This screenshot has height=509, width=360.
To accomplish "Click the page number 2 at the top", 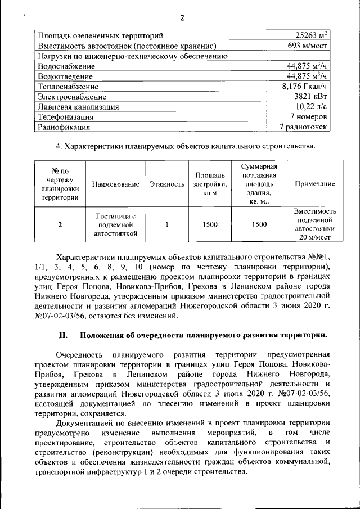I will pos(182,17).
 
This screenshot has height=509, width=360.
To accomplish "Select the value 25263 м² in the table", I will pos(307,35).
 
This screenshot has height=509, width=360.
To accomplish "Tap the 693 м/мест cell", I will pos(307,46).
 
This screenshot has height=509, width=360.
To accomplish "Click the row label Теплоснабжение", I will pos(68,87).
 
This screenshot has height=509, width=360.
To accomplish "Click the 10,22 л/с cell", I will pos(311,107).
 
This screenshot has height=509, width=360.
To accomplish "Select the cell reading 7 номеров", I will pos(308,117).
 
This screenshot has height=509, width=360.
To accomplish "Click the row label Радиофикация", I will pos(64,127).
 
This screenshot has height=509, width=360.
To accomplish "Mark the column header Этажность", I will pos(167,184).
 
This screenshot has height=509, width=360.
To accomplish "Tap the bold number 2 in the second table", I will pos(60,224).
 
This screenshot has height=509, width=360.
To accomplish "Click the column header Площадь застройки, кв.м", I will pos(210,184).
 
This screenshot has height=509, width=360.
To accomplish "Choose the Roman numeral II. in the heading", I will pos(64,336).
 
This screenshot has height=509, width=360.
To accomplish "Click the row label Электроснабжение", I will pos(73,97).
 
